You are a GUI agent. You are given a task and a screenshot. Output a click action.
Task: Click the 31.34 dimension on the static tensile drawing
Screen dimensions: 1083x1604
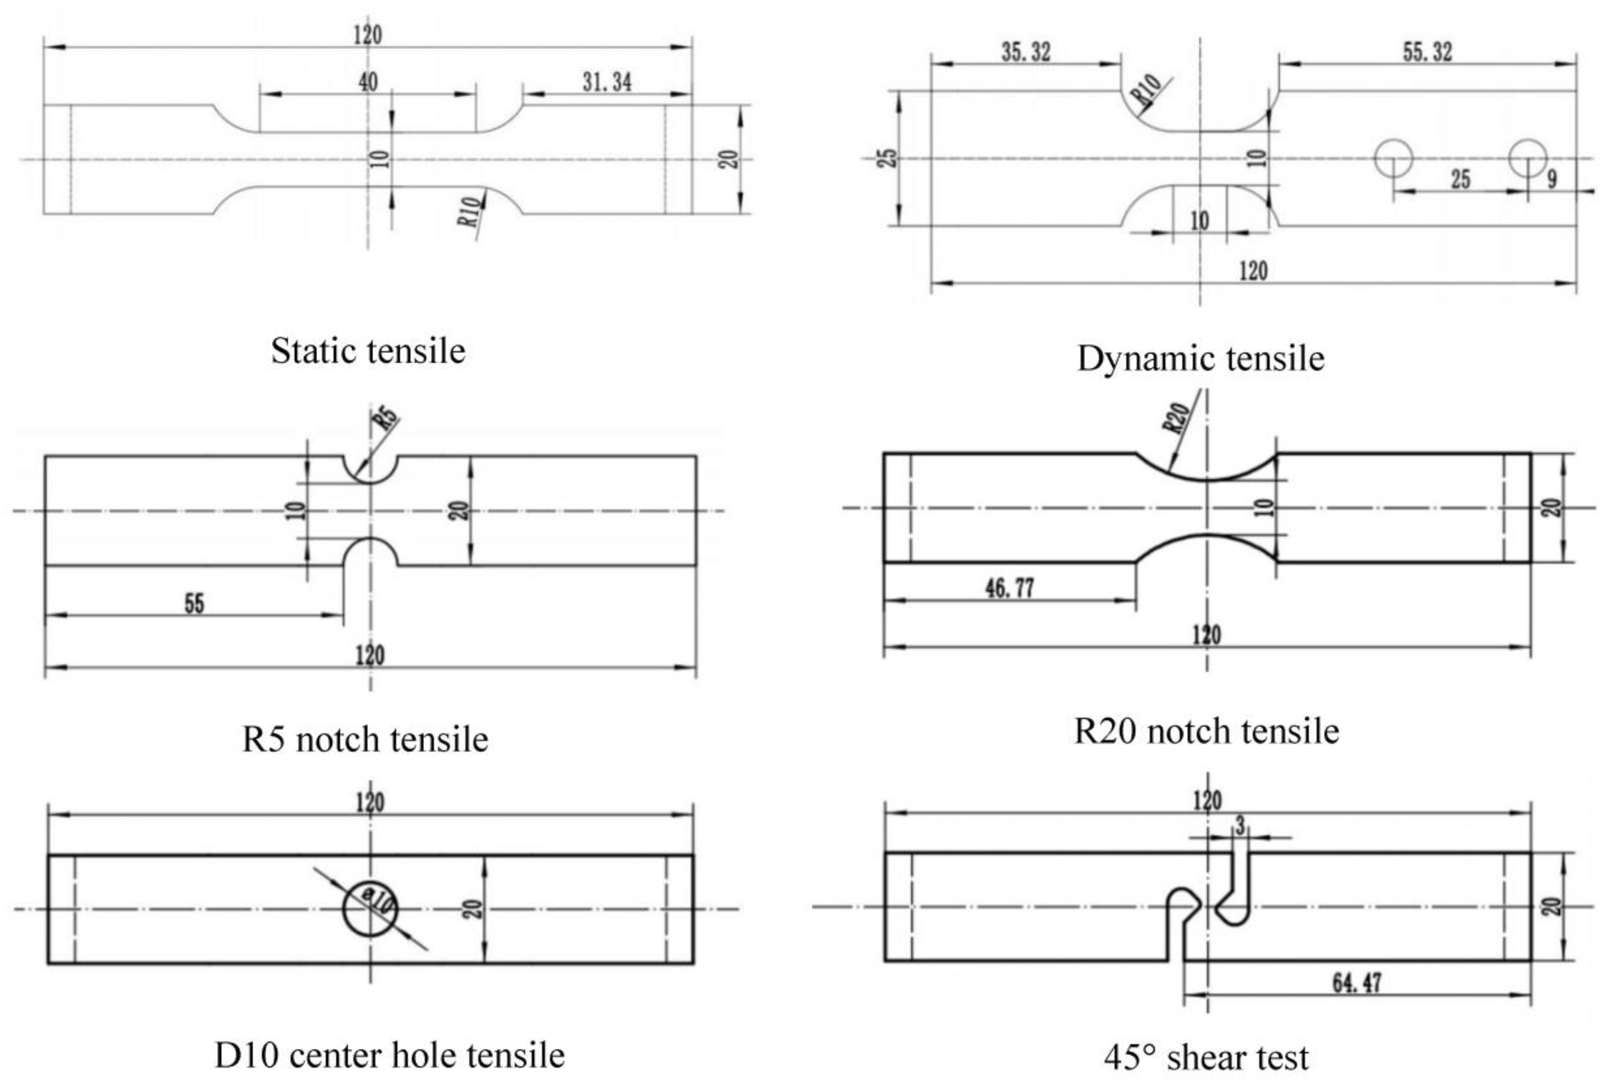coord(606,82)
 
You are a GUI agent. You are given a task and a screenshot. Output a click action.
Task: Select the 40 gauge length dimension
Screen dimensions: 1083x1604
coord(368,82)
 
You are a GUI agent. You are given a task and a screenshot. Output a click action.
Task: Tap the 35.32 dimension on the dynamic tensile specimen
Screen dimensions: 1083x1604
coord(1026,52)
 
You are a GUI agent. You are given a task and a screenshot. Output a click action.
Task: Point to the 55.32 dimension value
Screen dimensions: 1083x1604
coord(1427,52)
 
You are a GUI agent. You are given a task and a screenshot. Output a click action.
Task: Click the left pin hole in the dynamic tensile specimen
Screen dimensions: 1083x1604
coord(1393,158)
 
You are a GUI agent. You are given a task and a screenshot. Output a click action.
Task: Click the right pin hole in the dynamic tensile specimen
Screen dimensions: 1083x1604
coord(1528,158)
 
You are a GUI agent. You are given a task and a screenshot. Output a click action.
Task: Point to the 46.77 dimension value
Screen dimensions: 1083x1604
coord(1009,588)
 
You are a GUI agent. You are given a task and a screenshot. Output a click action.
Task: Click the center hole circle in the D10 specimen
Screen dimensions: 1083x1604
coord(371,908)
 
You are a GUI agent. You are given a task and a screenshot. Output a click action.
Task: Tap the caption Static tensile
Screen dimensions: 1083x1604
coord(368,351)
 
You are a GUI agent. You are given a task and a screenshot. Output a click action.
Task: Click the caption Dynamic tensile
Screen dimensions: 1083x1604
coord(1200,358)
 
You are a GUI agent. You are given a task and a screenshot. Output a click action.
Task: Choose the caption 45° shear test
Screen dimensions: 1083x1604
coord(1206,1057)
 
